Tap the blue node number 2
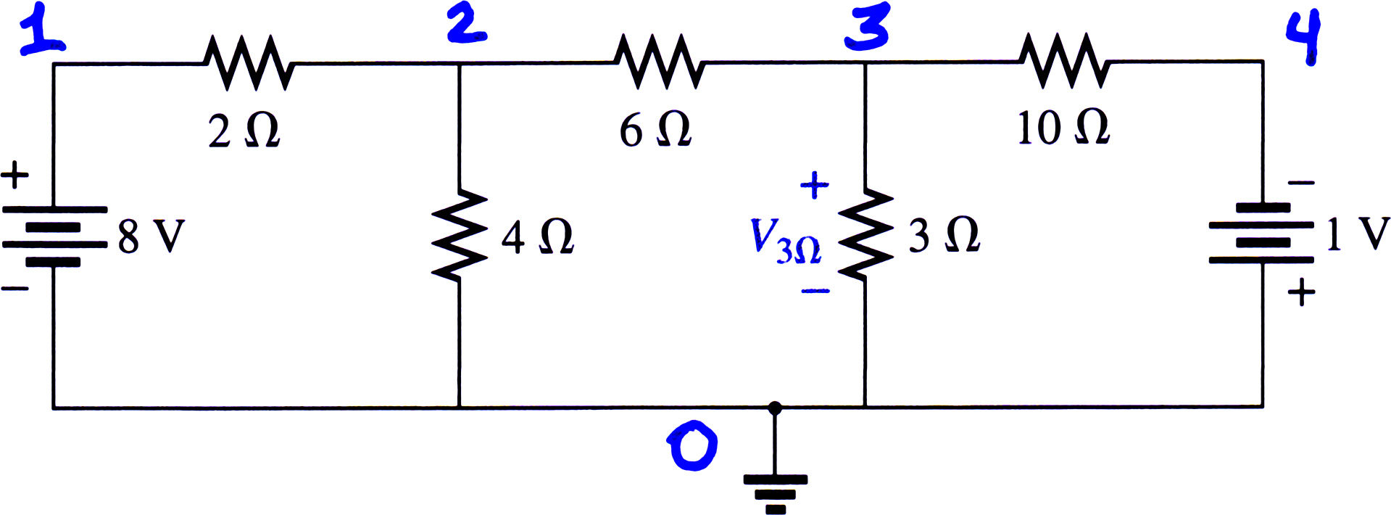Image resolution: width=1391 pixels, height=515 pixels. coord(466,22)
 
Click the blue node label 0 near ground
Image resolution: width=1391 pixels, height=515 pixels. coord(692,447)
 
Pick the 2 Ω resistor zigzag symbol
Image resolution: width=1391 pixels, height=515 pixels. coord(249,62)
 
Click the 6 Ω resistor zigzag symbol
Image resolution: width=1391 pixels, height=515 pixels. coord(659,62)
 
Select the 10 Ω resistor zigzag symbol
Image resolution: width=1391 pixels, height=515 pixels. coord(1064,61)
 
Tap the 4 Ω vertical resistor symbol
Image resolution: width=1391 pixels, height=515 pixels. coord(458,234)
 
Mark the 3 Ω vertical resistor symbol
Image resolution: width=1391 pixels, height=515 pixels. coord(865,233)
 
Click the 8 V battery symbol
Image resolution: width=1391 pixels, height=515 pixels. coord(54,236)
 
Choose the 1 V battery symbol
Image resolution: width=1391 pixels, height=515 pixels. coord(1262,233)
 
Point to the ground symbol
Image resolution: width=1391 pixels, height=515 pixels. coord(775,493)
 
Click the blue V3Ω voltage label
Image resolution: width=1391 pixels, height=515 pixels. coord(785,240)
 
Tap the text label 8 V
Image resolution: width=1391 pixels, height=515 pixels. coord(151,236)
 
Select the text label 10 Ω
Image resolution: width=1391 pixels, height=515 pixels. coord(1063,128)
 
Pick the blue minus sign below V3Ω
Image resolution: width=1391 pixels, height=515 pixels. coord(815,292)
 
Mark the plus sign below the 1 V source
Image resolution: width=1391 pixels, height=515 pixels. coord(1302,292)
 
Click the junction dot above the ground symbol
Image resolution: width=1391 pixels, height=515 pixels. coord(775,408)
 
